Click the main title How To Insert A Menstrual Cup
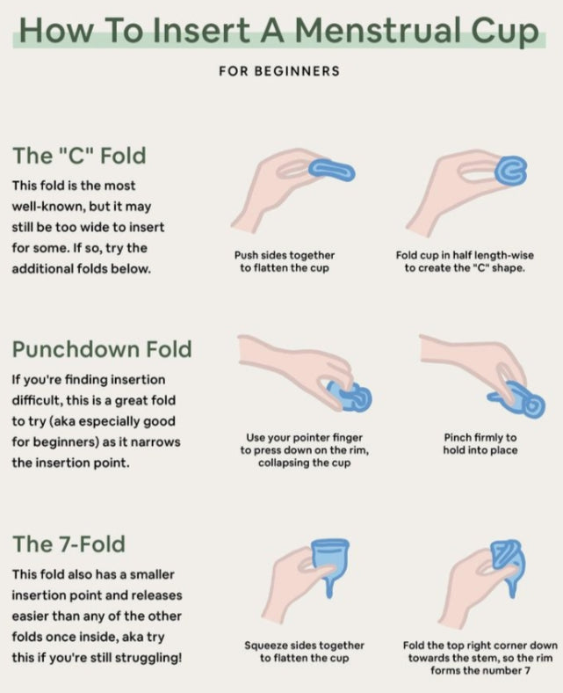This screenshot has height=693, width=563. click(x=279, y=30)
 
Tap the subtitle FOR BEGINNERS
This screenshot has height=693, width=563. click(x=279, y=70)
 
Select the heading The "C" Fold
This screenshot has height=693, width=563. click(x=79, y=156)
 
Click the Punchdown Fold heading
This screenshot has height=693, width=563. click(x=102, y=349)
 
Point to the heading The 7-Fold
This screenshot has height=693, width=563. click(x=69, y=543)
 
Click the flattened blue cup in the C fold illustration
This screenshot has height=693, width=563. click(x=331, y=170)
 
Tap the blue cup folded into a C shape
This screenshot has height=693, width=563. click(x=511, y=171)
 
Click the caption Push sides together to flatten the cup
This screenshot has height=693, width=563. click(x=285, y=261)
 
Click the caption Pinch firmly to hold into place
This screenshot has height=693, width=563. click(x=480, y=444)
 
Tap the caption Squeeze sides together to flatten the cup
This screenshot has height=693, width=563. click(x=304, y=652)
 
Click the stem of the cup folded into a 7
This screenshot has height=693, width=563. click(x=512, y=587)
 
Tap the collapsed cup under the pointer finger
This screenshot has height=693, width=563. click(x=350, y=396)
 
